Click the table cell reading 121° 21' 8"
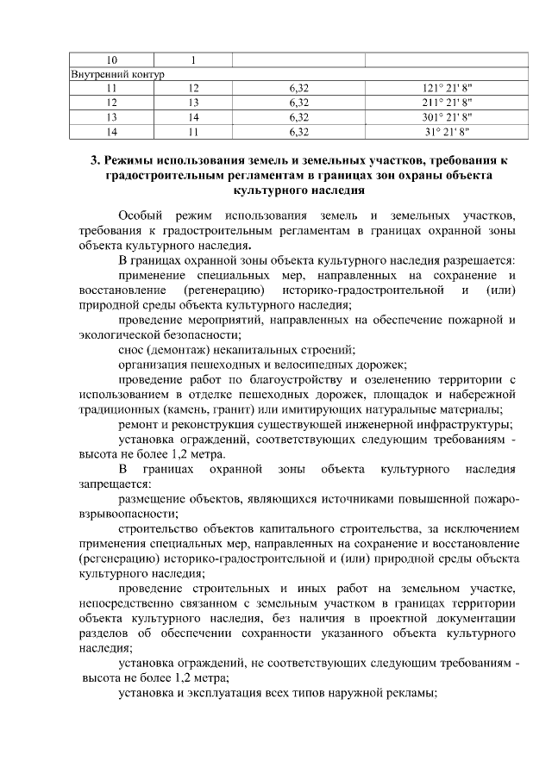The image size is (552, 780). click(x=448, y=88)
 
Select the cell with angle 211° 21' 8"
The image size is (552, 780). click(x=448, y=102)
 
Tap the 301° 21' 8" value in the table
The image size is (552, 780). click(x=448, y=116)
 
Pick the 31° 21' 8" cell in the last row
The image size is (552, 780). click(x=448, y=131)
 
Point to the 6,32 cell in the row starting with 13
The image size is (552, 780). click(x=299, y=116)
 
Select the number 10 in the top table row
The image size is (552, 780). click(x=110, y=60)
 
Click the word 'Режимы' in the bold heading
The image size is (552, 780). click(x=134, y=160)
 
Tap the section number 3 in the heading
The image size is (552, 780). click(x=95, y=160)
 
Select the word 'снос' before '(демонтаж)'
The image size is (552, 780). click(x=132, y=349)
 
